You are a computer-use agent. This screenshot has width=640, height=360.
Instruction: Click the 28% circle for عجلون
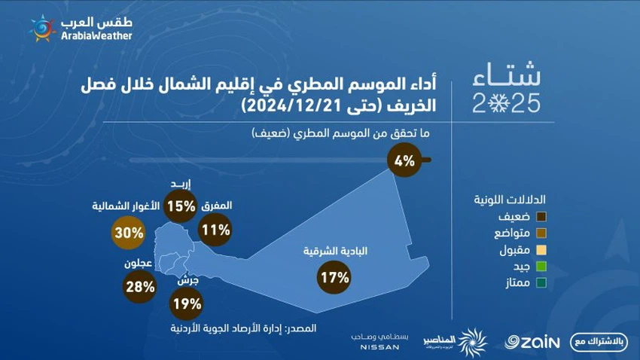(139, 286)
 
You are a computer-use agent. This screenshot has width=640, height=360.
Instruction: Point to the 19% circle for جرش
(186, 304)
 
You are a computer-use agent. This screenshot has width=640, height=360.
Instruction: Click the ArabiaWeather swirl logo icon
(42, 28)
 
